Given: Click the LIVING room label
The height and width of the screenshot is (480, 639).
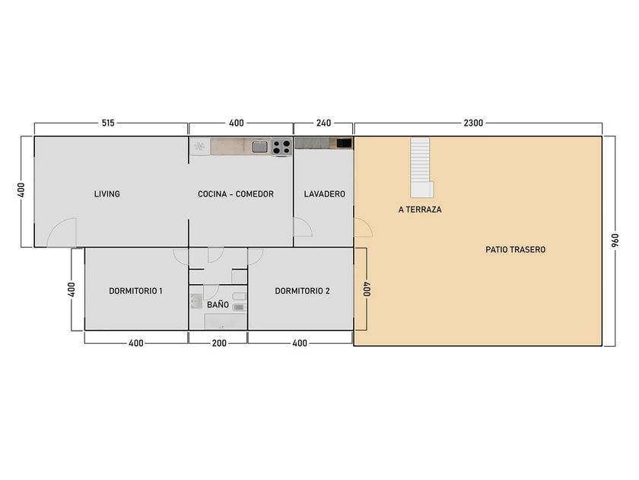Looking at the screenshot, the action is click(106, 194).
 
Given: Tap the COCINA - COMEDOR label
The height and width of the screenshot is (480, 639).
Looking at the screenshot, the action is click(236, 194).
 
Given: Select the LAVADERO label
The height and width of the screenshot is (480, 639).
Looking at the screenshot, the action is click(324, 194).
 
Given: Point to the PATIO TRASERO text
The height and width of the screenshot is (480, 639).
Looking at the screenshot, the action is click(515, 249).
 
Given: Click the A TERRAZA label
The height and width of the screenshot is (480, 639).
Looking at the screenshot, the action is click(420, 210).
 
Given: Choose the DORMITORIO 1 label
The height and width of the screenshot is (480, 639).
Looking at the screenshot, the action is click(135, 291).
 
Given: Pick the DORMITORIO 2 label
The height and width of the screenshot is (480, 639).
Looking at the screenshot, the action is click(302, 291).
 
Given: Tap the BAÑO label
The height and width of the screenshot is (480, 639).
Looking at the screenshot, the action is click(218, 305).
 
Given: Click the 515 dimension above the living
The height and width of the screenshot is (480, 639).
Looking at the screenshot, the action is click(108, 123).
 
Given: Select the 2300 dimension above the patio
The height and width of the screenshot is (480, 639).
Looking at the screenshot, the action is click(473, 123).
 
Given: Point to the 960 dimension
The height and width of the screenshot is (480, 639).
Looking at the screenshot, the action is click(615, 241).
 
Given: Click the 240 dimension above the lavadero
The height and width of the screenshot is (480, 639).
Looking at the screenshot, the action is click(323, 123).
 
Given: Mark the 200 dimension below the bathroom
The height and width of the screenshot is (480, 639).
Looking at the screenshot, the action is click(219, 344).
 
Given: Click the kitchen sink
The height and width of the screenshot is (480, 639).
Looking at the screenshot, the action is click(259, 146).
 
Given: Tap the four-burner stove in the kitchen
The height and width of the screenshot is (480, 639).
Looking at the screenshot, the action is click(281, 147).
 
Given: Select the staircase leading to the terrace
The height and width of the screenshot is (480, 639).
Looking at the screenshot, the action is click(421, 168).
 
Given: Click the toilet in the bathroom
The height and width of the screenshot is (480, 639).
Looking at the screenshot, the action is click(196, 301).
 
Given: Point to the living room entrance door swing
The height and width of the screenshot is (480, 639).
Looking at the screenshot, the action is click(62, 232).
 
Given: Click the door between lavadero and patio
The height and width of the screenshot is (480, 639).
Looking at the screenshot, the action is click(363, 227).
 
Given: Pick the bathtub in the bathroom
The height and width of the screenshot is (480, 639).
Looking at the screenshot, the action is click(226, 322).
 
